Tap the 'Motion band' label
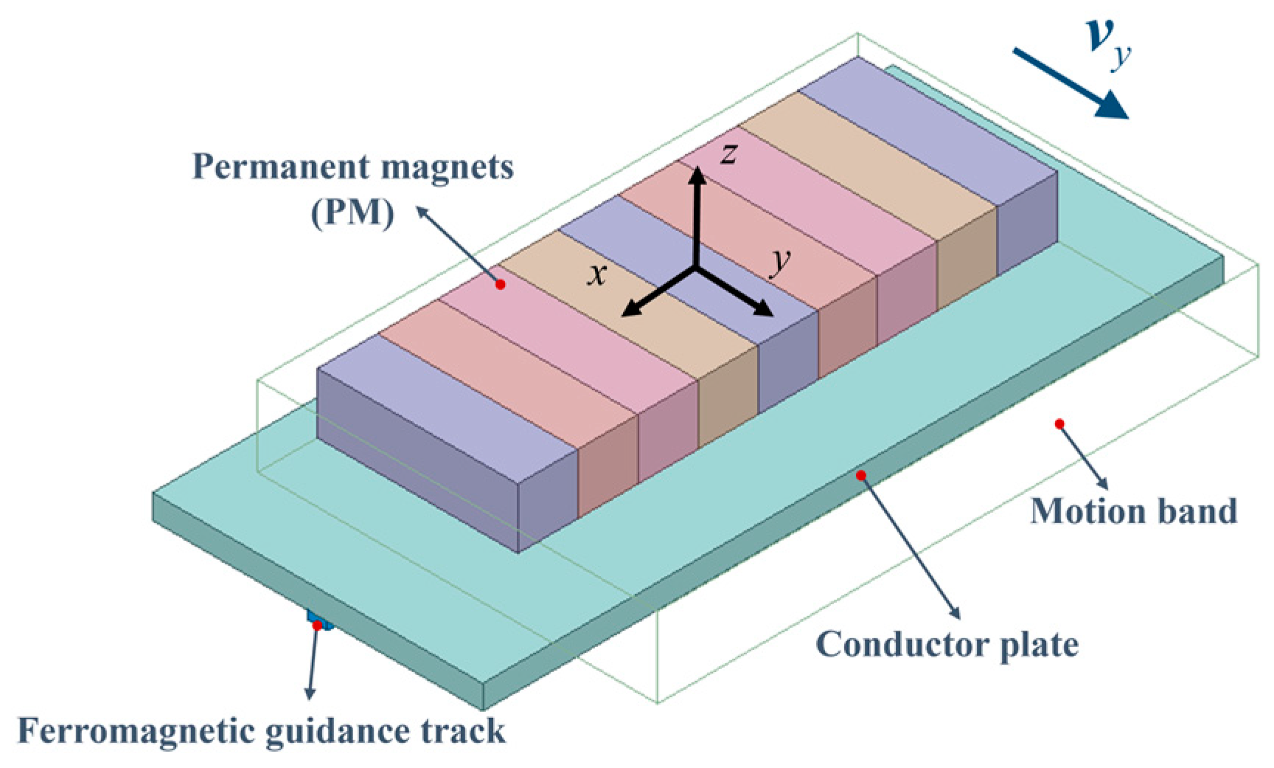pyautogui.click(x=1133, y=511)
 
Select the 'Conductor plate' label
pyautogui.click(x=947, y=645)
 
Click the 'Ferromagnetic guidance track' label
pyautogui.click(x=261, y=731)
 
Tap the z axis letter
pyautogui.click(x=728, y=153)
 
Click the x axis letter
pyautogui.click(x=597, y=274)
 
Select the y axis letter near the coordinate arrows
pyautogui.click(x=780, y=260)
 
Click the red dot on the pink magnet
pyautogui.click(x=501, y=285)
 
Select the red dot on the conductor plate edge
pyautogui.click(x=860, y=476)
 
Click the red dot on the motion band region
pyautogui.click(x=1059, y=423)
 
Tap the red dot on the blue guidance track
pyautogui.click(x=317, y=626)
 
